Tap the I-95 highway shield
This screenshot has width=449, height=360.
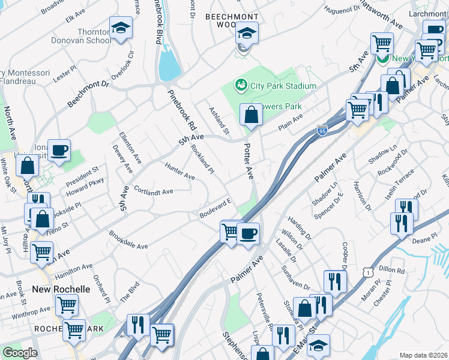coord(322,130)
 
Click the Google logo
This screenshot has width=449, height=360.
coord(20,353)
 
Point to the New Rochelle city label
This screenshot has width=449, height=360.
coord(61,289)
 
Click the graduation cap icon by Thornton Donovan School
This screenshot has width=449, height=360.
coord(121,28)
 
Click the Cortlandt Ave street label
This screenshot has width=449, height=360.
coord(153,191)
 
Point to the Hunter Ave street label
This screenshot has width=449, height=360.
coord(179,173)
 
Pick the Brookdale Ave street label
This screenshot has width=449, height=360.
coord(128,239)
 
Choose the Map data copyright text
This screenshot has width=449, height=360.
coord(423,355)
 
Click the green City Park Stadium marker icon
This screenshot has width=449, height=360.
coord(241,86)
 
